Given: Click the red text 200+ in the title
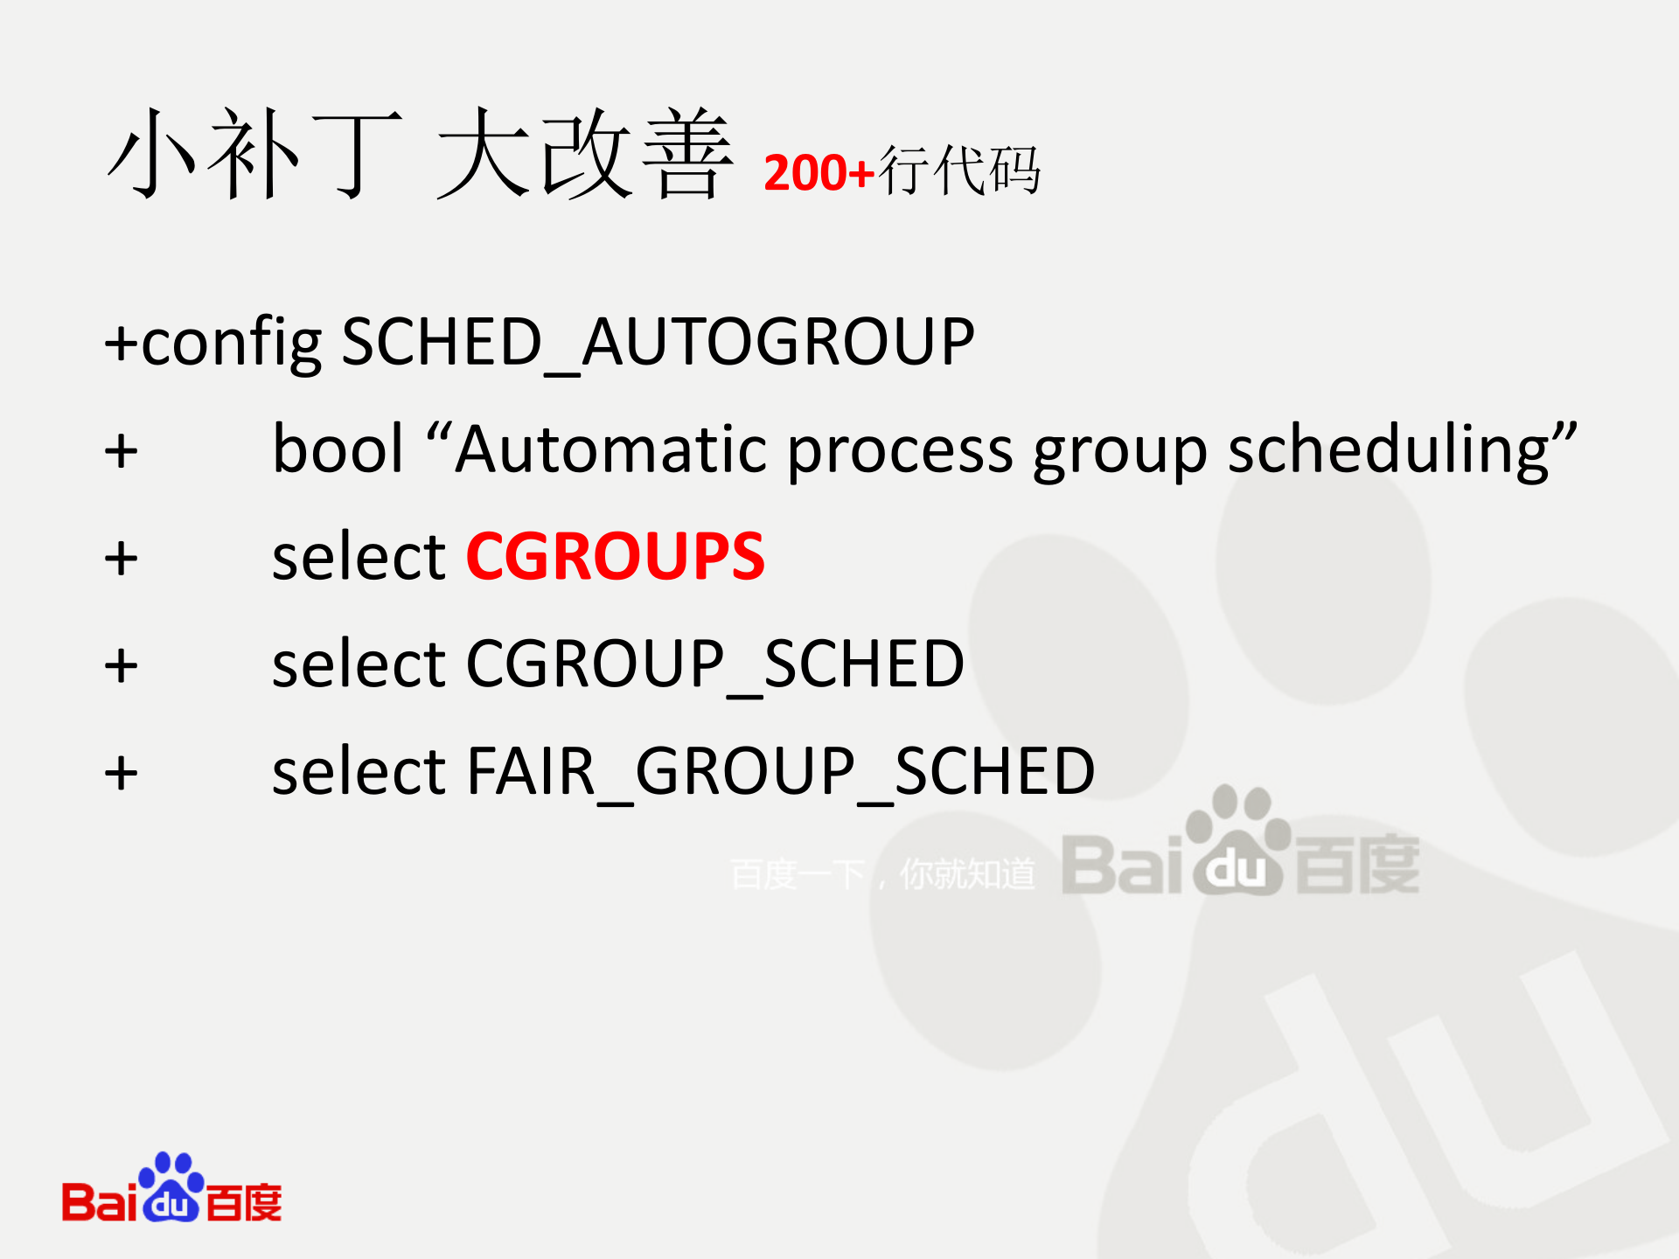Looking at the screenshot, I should click(819, 172).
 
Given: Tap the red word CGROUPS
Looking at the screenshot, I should click(615, 556).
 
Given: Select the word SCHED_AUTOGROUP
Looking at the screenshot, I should click(658, 342).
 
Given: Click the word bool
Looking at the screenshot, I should click(338, 449).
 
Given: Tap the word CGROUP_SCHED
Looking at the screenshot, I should click(714, 664).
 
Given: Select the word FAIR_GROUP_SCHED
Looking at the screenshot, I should click(780, 771).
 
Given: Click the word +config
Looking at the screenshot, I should click(212, 343).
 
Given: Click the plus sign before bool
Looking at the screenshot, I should click(121, 452).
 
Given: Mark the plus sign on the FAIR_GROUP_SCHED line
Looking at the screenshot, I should click(121, 774).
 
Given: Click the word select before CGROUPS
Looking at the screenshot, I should click(359, 556).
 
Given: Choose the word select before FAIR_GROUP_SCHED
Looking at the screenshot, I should click(359, 771).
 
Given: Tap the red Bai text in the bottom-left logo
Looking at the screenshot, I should click(99, 1201).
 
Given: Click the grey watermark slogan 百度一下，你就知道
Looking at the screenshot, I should click(882, 874).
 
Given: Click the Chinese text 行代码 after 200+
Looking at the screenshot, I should click(959, 170).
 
